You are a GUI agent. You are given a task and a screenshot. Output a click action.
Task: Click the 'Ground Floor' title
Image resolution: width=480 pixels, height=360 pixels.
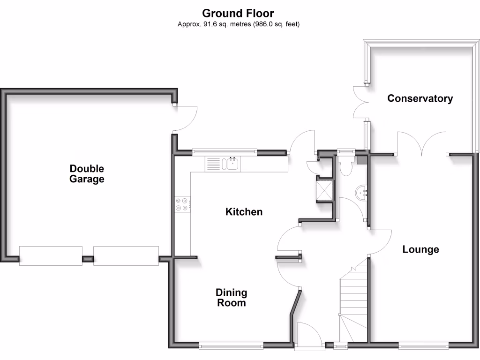(238, 13)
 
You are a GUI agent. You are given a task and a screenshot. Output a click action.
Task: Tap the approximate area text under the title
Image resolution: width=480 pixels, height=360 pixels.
(238, 24)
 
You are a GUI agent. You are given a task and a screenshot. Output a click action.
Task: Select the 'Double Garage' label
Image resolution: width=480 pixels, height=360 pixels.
(87, 173)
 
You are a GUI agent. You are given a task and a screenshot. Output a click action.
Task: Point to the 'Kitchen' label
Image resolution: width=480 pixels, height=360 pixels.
(244, 212)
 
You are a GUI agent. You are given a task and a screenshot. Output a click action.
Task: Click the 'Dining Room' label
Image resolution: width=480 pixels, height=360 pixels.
(231, 298)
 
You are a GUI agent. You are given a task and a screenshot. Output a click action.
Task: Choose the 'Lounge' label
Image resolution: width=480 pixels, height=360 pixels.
(420, 249)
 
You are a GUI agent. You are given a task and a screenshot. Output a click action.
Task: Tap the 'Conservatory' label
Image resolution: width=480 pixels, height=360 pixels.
(420, 98)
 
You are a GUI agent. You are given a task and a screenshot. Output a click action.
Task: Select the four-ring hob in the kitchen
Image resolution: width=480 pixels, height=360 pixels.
(182, 204)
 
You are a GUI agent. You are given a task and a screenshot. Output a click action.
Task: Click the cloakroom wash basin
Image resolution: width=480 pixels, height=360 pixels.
(361, 193)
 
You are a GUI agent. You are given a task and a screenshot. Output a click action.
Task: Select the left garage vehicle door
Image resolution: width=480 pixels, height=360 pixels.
(51, 255)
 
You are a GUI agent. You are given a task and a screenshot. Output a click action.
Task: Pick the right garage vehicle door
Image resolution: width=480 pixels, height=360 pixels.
(126, 255)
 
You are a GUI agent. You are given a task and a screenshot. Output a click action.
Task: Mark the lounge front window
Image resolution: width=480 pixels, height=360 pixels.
(423, 346)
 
